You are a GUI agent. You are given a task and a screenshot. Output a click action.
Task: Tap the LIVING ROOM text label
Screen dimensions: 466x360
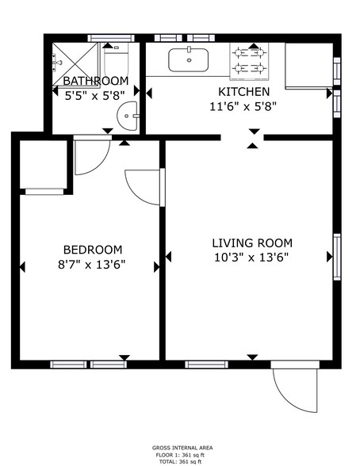point(251,243)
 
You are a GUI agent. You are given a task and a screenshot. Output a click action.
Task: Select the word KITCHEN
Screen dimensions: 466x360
point(233,92)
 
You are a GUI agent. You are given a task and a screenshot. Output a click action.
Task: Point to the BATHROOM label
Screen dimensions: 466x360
point(95,82)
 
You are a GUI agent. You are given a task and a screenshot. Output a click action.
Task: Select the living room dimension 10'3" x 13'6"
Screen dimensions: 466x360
point(251,258)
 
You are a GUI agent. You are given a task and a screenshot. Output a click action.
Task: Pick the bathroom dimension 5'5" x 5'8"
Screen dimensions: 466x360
point(94,96)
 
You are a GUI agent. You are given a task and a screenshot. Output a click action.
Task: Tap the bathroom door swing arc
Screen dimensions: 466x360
point(90,155)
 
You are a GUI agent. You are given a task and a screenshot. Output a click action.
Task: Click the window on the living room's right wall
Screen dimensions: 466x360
point(336,257)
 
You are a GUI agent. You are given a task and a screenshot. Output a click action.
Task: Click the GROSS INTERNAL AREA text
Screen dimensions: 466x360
point(182,448)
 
